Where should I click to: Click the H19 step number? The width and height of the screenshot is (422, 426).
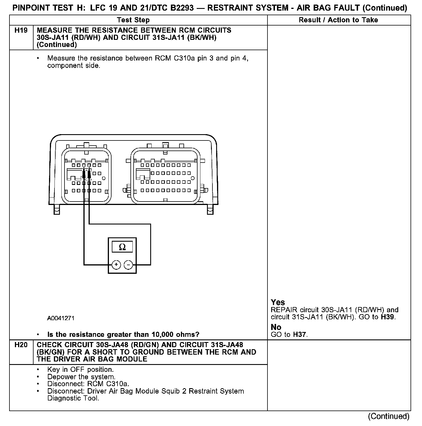[21, 30]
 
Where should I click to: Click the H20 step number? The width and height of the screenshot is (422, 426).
[21, 345]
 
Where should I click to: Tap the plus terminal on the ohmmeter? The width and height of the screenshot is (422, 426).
[116, 265]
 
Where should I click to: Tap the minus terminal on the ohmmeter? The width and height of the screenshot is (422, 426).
[128, 265]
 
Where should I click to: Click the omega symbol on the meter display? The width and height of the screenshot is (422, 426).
[122, 247]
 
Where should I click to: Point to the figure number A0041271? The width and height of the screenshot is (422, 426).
[61, 318]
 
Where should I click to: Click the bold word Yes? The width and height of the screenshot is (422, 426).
[278, 302]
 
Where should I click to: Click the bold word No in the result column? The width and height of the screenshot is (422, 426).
[276, 327]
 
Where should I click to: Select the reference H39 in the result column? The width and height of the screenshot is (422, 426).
[388, 317]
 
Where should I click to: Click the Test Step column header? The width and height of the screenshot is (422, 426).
[133, 20]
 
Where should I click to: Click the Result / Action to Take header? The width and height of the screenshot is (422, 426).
[338, 20]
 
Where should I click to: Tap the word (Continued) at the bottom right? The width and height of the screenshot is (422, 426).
[388, 416]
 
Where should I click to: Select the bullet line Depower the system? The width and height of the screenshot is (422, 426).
[81, 377]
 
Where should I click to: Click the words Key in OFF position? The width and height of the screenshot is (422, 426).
[81, 370]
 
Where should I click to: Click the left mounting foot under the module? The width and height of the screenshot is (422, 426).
[56, 210]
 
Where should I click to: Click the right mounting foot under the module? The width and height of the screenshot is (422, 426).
[210, 210]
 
